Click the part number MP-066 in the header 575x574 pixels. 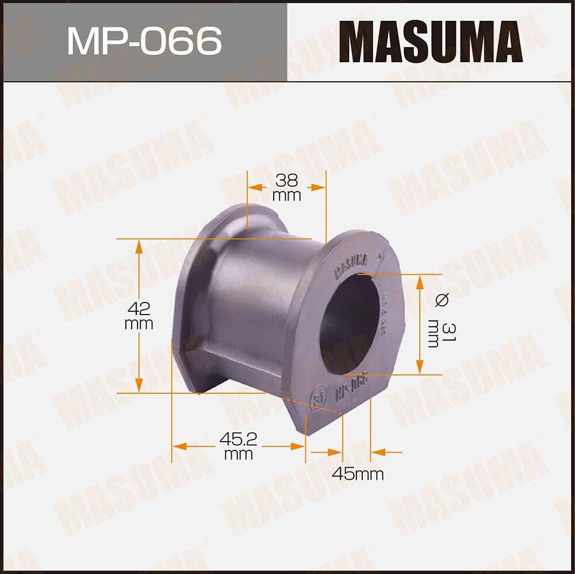click(x=144, y=41)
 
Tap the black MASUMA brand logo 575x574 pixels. click(x=430, y=41)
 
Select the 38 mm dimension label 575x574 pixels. click(x=286, y=187)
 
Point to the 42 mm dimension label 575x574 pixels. click(x=139, y=316)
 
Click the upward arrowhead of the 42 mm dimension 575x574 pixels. click(x=139, y=246)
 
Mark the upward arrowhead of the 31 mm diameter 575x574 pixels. click(x=420, y=281)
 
